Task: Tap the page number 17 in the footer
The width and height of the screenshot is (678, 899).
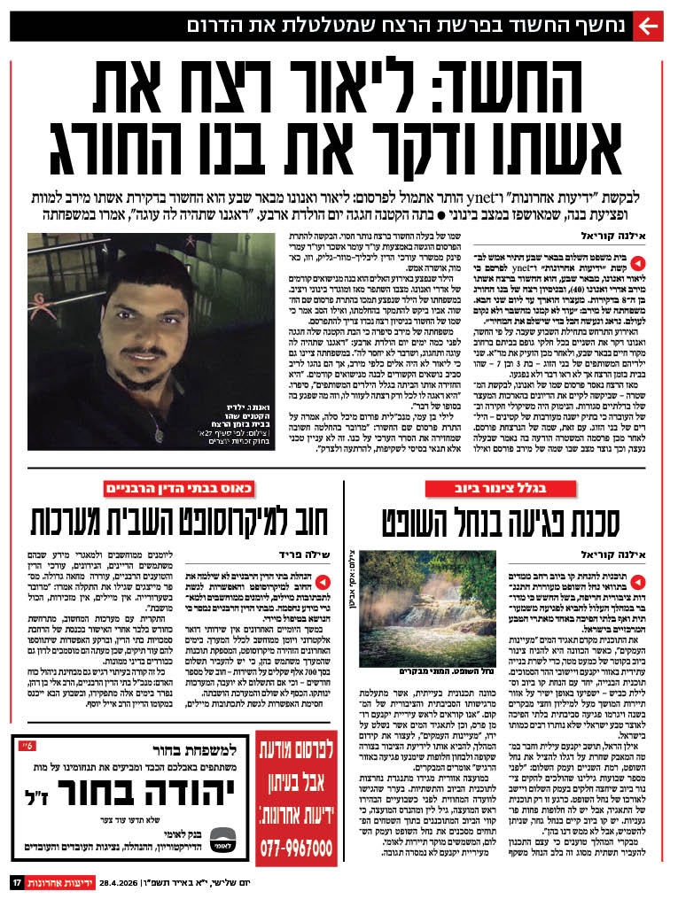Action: pos(16,882)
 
